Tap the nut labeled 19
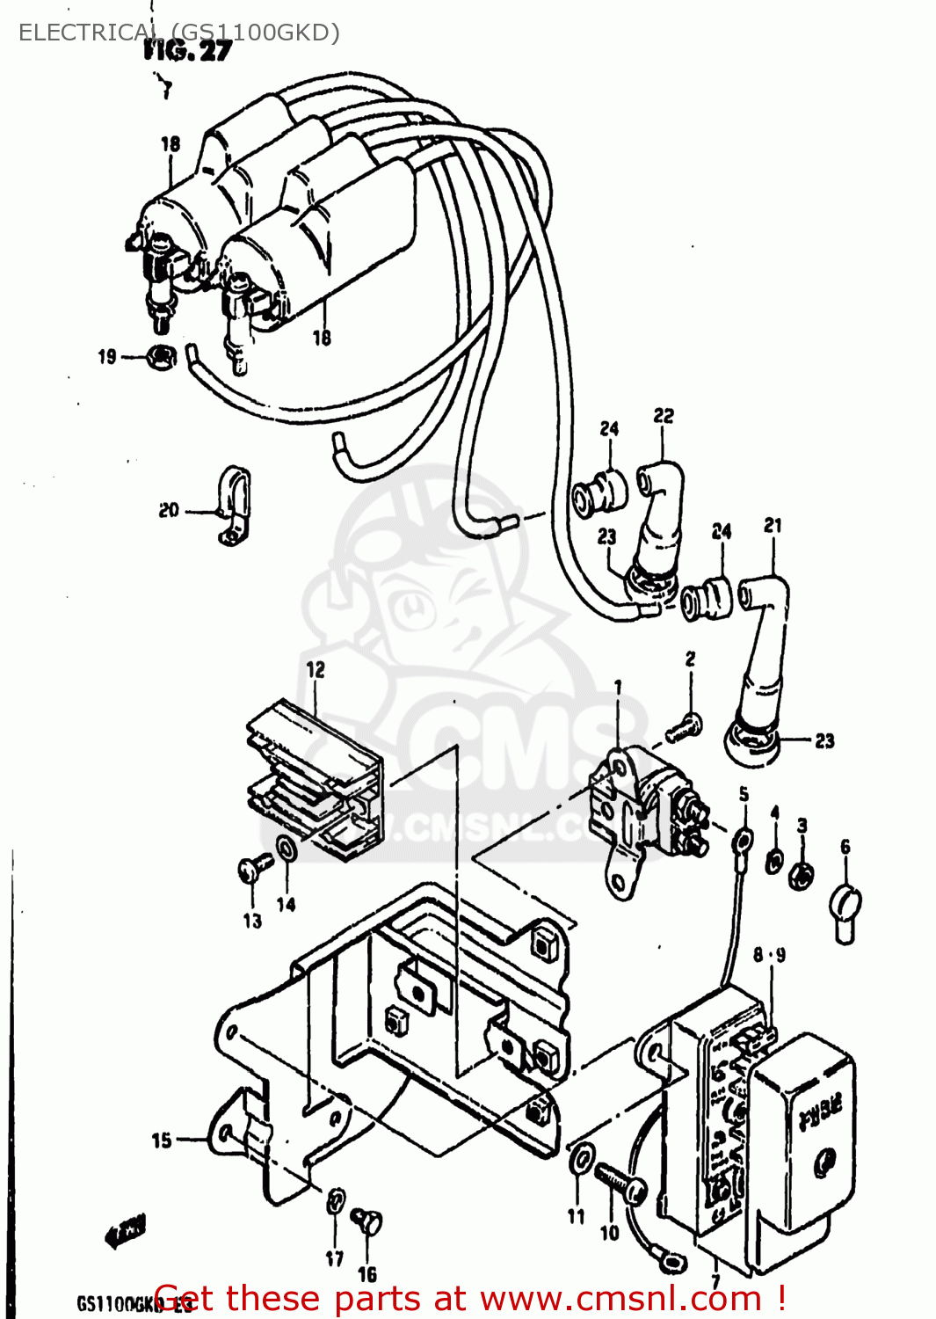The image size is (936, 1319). pyautogui.click(x=161, y=357)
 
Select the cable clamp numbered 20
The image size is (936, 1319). pyautogui.click(x=234, y=506)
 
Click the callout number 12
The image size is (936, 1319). pyautogui.click(x=316, y=670)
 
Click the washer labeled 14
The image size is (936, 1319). pyautogui.click(x=287, y=849)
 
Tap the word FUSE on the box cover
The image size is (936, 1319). pyautogui.click(x=819, y=1112)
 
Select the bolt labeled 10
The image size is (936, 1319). pyautogui.click(x=620, y=1181)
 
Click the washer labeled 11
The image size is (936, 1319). pyautogui.click(x=581, y=1159)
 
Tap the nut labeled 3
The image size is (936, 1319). pyautogui.click(x=801, y=874)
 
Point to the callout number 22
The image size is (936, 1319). pyautogui.click(x=664, y=415)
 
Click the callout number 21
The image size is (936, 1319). pyautogui.click(x=773, y=525)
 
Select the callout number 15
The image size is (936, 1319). pyautogui.click(x=162, y=1140)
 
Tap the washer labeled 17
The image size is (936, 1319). pyautogui.click(x=336, y=1201)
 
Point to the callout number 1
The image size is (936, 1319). pyautogui.click(x=618, y=687)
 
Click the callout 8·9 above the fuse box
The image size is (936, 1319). pyautogui.click(x=769, y=955)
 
